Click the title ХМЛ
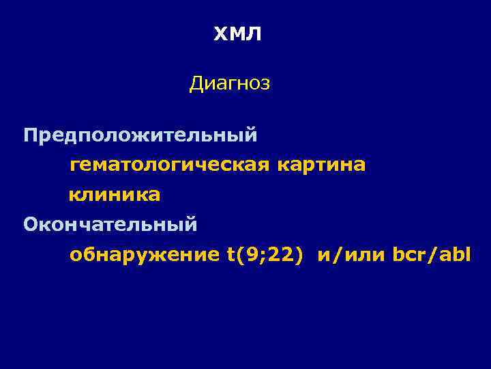237,35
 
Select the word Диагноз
230,84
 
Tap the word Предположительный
140,135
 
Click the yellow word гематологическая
170,165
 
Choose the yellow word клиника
115,195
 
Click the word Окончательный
110,224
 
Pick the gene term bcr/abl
432,255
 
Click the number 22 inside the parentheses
280,255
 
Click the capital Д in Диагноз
196,85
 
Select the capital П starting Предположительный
31,134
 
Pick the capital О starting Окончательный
31,224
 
